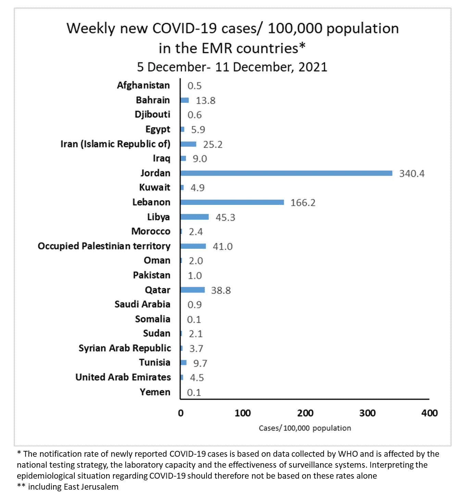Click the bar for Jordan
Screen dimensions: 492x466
point(286,173)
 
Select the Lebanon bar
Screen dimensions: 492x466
point(232,202)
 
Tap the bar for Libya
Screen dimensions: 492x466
point(194,217)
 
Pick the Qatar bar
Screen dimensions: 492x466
point(192,290)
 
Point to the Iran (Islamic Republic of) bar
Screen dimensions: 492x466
point(188,144)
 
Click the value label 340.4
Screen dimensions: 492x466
point(412,173)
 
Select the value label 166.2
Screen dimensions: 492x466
point(303,202)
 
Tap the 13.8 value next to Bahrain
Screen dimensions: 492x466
point(205,100)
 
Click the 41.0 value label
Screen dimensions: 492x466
point(223,246)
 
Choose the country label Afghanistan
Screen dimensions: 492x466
point(143,85)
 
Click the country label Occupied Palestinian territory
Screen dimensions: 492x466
point(104,246)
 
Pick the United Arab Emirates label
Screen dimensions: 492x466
point(123,377)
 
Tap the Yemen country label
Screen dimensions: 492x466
point(155,392)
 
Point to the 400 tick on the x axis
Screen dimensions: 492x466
point(429,413)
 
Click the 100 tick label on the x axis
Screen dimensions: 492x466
point(242,413)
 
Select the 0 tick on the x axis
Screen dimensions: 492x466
point(181,413)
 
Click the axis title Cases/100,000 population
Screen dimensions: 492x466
point(305,428)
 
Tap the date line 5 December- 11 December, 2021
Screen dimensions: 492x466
point(232,67)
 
